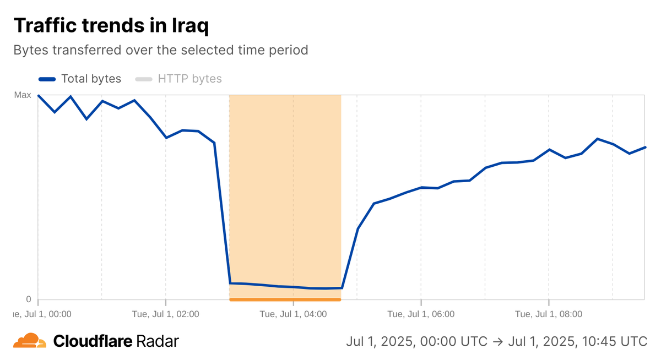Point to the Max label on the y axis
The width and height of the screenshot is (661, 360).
pos(23,95)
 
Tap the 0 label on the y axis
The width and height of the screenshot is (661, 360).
pos(28,299)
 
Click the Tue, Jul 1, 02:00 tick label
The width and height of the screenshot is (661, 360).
pos(166,314)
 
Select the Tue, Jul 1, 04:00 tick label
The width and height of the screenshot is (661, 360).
pos(293,314)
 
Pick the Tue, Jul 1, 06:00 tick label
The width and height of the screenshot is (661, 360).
pos(421,314)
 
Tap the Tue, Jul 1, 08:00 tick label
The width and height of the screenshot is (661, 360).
pos(549,314)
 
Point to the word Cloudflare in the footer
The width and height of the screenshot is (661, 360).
pos(93,341)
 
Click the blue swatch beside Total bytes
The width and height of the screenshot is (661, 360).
pos(47,79)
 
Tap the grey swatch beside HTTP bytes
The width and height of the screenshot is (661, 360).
pos(144,79)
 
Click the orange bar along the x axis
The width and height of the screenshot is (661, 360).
pos(285,299)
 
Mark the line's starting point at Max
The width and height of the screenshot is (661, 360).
pos(38,95)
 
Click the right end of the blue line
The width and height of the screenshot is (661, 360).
pos(645,148)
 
